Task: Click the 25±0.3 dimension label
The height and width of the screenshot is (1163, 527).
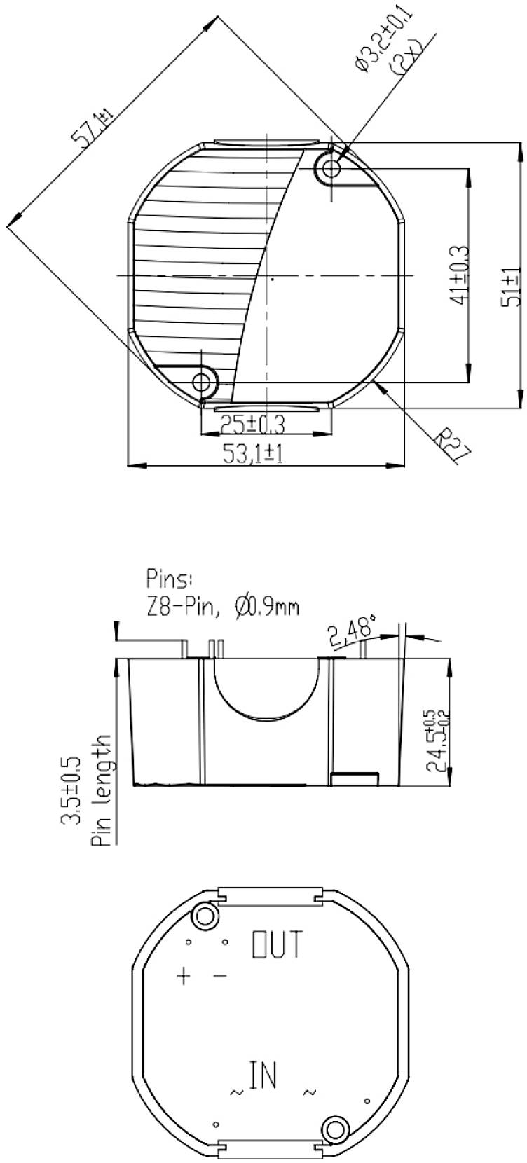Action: coord(252,425)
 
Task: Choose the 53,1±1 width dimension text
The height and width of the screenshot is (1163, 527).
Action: coord(252,455)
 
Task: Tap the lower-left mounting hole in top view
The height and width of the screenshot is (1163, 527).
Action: coord(203,382)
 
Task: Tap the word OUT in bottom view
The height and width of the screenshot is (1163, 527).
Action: coord(277,944)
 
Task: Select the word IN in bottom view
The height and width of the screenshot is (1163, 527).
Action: coord(263,1075)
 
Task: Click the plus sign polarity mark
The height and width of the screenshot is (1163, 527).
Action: coord(184,975)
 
